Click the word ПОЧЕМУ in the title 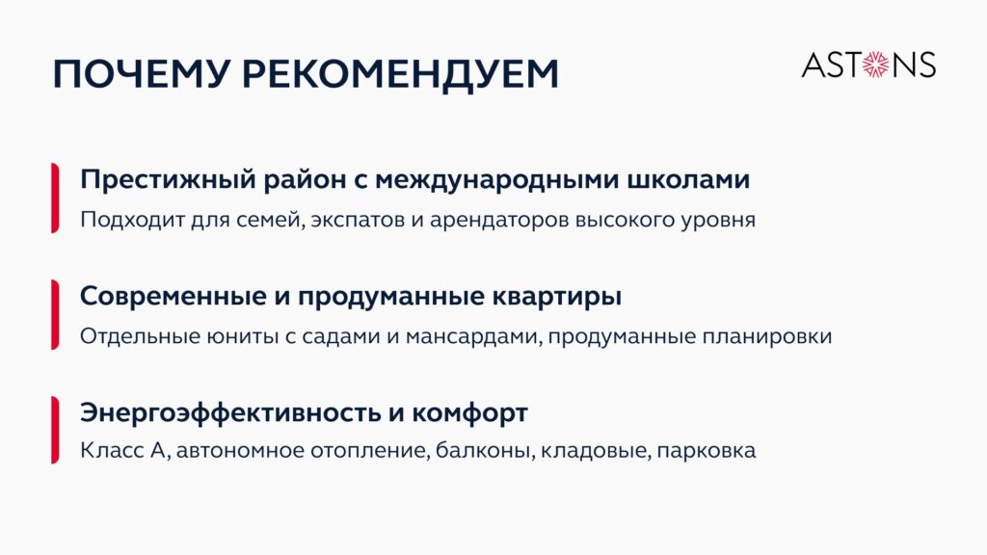pos(140,73)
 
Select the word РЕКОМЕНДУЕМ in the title pos(400,75)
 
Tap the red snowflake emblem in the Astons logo pos(875,65)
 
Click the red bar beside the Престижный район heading pos(55,198)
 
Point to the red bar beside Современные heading pos(55,314)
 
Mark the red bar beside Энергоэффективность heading pos(55,430)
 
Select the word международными pos(496,180)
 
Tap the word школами pos(688,180)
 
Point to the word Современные pos(173,296)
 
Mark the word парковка pos(706,451)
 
